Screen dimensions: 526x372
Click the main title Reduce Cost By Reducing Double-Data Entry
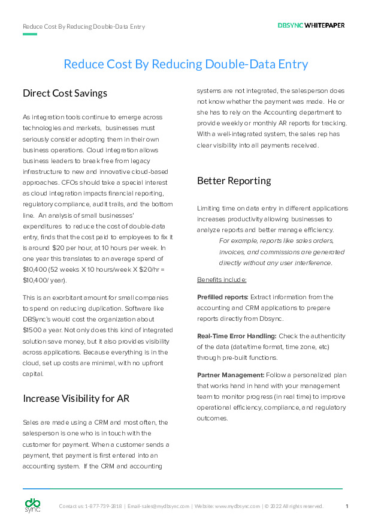coord(186,64)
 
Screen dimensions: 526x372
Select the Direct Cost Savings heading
coord(65,93)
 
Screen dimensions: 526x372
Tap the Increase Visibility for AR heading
coord(76,398)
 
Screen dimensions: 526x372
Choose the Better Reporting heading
coord(234,181)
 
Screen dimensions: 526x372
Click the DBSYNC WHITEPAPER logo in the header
coord(311,25)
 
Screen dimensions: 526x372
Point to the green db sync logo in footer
coord(32,506)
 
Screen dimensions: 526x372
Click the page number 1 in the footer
coord(347,506)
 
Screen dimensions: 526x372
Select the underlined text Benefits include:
coord(222,279)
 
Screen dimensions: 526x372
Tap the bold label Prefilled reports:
coord(223,297)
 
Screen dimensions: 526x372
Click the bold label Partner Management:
coord(231,375)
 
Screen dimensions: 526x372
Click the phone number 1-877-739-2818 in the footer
coord(103,506)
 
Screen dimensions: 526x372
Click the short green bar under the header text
coord(30,34)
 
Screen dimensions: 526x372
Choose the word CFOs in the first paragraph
coord(119,182)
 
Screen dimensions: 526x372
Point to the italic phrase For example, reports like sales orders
coord(276,241)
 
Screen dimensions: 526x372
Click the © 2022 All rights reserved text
coord(294,506)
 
